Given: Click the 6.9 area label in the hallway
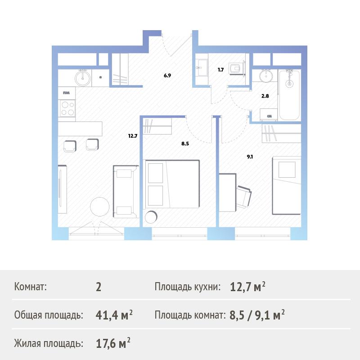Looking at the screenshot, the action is point(167,75).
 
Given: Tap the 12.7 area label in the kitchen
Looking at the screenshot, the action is point(133,136).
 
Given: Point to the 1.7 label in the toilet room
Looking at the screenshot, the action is point(220,70).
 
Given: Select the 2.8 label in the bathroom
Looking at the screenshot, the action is point(265,96).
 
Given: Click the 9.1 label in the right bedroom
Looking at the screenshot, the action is point(250,157).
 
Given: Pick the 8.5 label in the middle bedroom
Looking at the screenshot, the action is point(185,144).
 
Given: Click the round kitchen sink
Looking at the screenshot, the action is point(83,78).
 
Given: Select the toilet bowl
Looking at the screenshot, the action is point(235,68).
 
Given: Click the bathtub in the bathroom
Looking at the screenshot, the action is point(289,95).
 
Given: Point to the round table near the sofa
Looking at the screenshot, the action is point(99,207).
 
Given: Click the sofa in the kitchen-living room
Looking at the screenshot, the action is point(126,192).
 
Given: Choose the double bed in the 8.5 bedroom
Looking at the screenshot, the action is point(172,184).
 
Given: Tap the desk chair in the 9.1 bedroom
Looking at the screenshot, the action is point(244,197).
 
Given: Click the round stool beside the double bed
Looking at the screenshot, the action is point(151,217).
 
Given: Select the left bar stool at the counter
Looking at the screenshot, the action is point(70,146).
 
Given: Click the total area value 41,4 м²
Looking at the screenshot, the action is point(114,315).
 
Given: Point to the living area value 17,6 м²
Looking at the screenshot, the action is point(113,343).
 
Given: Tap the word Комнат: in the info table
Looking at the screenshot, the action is point(31,287).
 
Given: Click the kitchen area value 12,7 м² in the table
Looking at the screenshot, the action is point(248,287).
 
